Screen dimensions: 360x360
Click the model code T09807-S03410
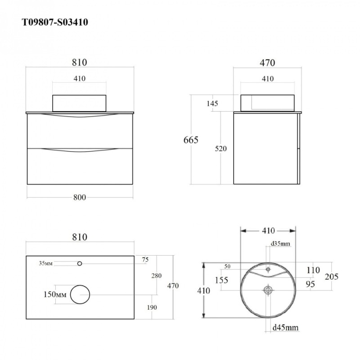pos(55,22)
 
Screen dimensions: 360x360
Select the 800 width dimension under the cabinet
pos(80,198)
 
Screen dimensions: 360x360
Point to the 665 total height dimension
pos(191,140)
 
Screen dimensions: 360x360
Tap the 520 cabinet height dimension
pos(220,148)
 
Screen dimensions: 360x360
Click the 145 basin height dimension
pos(212,103)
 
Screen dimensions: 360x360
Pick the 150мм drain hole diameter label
pos(55,294)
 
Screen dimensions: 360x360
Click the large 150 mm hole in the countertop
pos(80,295)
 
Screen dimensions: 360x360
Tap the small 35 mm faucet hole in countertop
pos(80,264)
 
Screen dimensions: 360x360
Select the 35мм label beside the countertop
pos(46,263)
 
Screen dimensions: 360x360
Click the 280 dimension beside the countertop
pos(156,275)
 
